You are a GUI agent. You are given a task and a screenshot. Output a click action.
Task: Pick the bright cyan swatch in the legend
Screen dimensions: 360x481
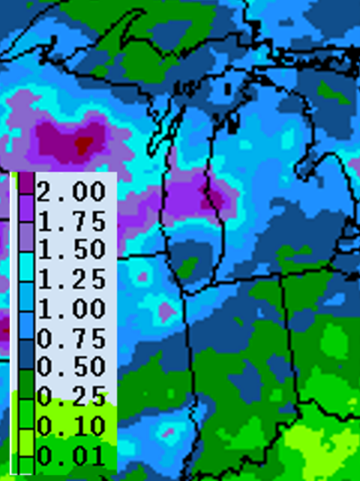point(26,269)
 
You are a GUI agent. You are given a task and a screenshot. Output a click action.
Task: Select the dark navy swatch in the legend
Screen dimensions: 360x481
point(26,357)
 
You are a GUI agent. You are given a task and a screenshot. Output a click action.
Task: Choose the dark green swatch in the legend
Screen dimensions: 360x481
point(26,386)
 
